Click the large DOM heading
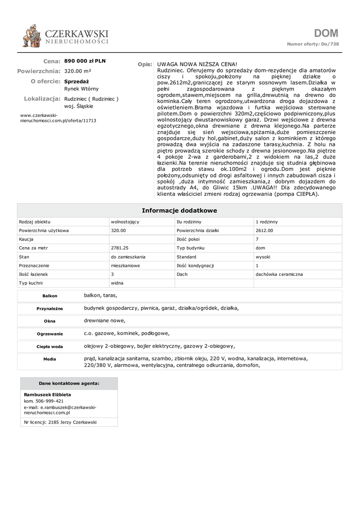point(326,33)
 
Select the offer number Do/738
point(330,44)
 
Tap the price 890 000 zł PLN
point(85,61)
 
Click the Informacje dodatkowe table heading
point(180,211)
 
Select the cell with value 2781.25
point(120,248)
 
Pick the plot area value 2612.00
point(264,231)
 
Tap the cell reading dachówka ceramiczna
point(279,274)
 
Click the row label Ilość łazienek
point(34,274)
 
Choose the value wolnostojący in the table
point(125,222)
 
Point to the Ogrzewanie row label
point(50,334)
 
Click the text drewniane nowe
point(105,321)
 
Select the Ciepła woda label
point(50,346)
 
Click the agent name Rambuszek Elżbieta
point(47,395)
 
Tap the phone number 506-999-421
point(50,401)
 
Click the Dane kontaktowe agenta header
point(69,383)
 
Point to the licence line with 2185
point(60,422)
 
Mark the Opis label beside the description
point(144,65)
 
